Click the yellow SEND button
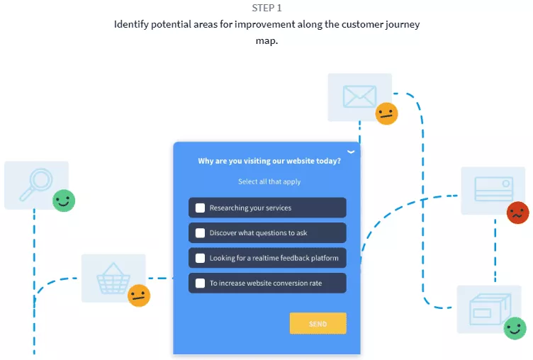click(x=318, y=324)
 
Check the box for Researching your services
click(x=201, y=208)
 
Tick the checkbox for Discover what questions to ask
click(x=201, y=233)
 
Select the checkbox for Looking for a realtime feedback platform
click(x=201, y=258)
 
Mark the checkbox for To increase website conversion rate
click(x=201, y=283)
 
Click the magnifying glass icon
click(x=35, y=184)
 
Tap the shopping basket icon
click(x=112, y=278)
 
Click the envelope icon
click(x=359, y=96)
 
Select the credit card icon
click(x=493, y=190)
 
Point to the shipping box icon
click(x=488, y=308)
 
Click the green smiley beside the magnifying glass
click(x=64, y=201)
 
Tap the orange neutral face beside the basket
click(x=139, y=296)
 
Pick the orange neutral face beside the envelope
click(x=386, y=113)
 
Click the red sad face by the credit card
click(x=518, y=213)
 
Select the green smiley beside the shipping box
click(x=515, y=328)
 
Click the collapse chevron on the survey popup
click(x=351, y=152)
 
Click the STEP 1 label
click(x=266, y=9)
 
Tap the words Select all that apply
click(x=269, y=181)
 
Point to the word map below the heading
click(x=266, y=41)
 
